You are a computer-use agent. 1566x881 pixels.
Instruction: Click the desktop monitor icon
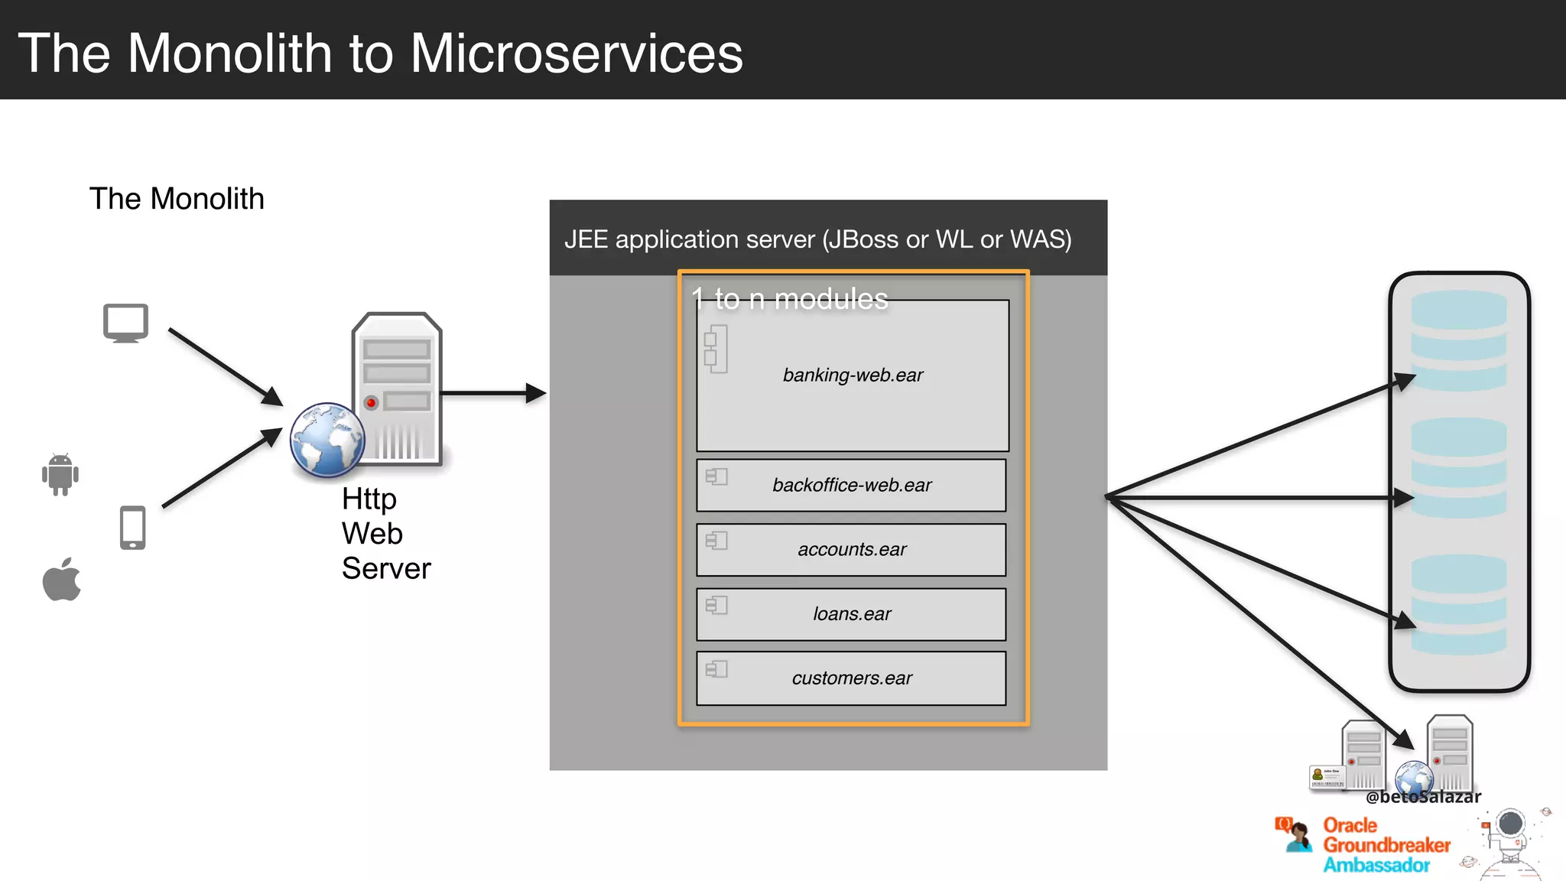click(x=125, y=323)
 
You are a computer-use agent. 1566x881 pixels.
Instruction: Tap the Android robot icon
click(x=60, y=474)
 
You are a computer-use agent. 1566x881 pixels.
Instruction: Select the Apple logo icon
click(x=62, y=580)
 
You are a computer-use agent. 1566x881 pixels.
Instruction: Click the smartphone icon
click(x=133, y=528)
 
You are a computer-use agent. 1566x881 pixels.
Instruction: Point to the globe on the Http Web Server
click(x=327, y=440)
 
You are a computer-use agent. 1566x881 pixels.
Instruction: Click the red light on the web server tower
click(x=372, y=402)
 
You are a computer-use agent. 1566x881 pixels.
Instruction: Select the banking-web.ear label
click(x=853, y=375)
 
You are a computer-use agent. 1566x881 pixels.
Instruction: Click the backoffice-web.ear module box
click(x=851, y=485)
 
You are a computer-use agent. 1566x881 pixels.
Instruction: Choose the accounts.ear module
click(x=851, y=549)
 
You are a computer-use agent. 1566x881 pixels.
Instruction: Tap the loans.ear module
click(x=851, y=614)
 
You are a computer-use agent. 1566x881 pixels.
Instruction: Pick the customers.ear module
click(x=851, y=678)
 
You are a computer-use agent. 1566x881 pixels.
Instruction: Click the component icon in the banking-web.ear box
click(x=716, y=349)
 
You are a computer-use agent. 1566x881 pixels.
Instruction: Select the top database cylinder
click(x=1459, y=340)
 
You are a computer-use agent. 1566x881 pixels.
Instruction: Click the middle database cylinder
click(x=1459, y=468)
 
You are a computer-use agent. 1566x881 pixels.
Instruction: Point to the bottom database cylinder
click(x=1459, y=604)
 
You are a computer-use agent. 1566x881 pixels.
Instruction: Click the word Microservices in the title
click(x=577, y=54)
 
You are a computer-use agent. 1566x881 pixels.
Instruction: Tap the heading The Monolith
click(x=177, y=199)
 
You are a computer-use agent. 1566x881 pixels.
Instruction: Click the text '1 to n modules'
click(x=790, y=299)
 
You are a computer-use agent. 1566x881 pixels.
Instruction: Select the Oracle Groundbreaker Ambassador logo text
click(x=1386, y=845)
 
